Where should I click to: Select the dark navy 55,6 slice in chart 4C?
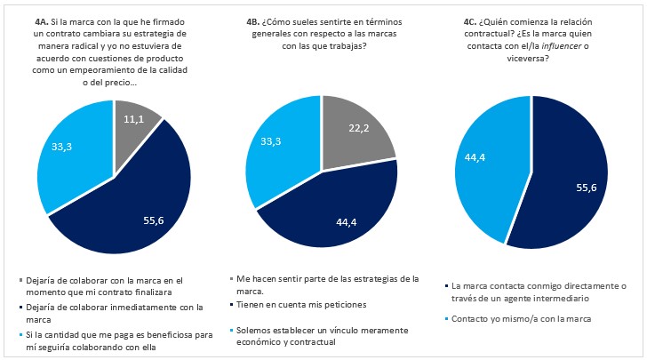pos(560,178)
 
